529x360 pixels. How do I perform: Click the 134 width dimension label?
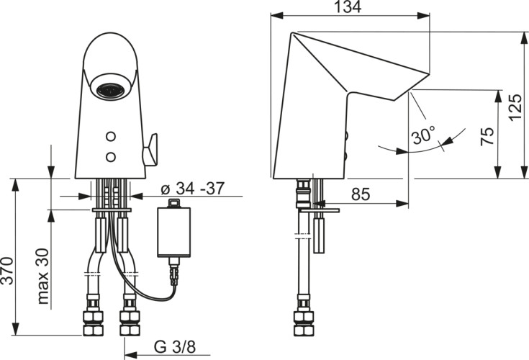point(348,7)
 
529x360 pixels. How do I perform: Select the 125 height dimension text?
point(516,108)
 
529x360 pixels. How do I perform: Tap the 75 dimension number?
point(488,136)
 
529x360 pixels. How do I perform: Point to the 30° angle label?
point(423,135)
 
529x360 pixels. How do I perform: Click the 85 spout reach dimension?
point(361,194)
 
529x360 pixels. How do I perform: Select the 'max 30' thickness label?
point(43,276)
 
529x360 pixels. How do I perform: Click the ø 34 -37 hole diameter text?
point(193,188)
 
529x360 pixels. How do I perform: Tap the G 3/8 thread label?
point(175,346)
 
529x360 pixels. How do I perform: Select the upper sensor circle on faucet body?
point(111,136)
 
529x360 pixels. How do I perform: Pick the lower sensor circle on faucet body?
point(111,156)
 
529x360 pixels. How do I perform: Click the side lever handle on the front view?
point(150,150)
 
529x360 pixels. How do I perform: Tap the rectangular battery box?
point(173,232)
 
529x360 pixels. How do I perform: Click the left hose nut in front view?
point(93,323)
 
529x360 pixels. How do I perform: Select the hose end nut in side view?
point(304,323)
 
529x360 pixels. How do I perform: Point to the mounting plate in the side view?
point(320,210)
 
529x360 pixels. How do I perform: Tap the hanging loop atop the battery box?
point(174,202)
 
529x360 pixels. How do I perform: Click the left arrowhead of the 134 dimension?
point(276,16)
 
